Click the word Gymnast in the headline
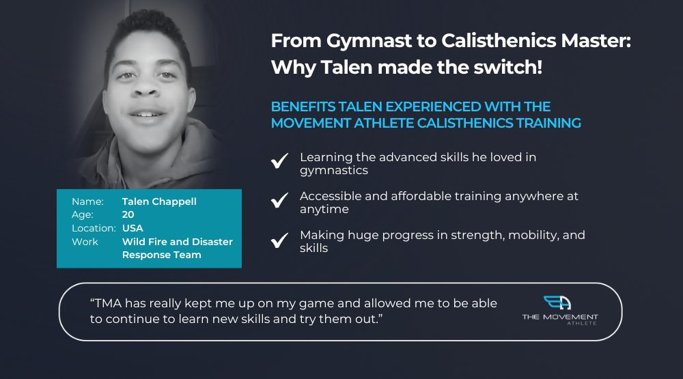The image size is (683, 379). (x=369, y=42)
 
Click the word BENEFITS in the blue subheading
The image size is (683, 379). (x=303, y=107)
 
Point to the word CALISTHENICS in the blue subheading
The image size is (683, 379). (x=465, y=124)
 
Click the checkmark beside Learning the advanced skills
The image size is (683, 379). (x=279, y=160)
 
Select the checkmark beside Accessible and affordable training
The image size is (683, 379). (x=279, y=200)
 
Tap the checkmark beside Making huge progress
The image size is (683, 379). (x=279, y=240)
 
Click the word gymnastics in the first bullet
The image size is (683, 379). (x=334, y=171)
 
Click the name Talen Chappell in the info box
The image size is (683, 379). (x=159, y=201)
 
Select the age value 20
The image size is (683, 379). (x=128, y=214)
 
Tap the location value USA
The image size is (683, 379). (x=133, y=228)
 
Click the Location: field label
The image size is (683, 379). (x=94, y=228)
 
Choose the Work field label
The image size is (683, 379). (x=85, y=242)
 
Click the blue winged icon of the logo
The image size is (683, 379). (x=557, y=303)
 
